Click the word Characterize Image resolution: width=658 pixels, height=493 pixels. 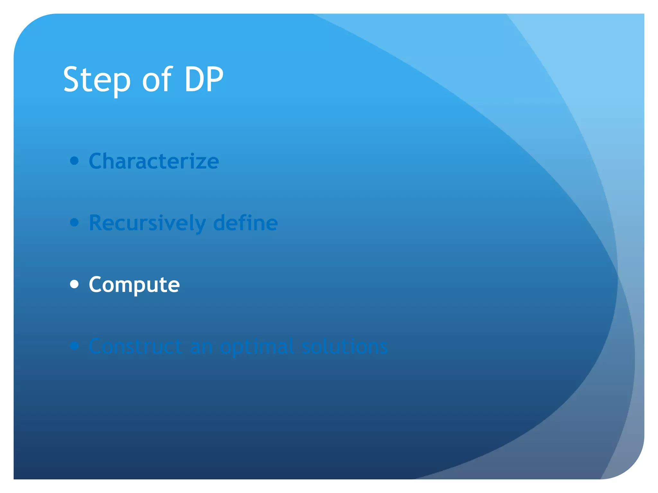[154, 161]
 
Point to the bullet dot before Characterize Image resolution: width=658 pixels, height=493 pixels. [74, 160]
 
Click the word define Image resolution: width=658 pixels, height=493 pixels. [245, 223]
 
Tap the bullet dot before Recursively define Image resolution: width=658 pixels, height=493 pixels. [74, 222]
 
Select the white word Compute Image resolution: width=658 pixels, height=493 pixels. [134, 285]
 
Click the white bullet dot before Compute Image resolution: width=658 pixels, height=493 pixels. [74, 284]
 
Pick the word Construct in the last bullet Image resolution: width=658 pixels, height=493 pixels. [135, 346]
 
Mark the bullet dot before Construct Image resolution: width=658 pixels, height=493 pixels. [74, 346]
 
